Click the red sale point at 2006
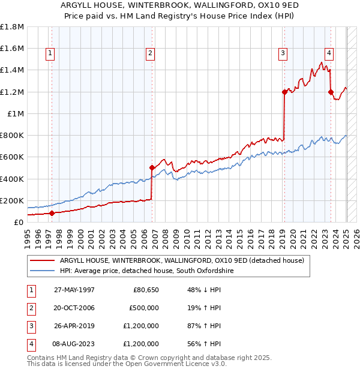152,168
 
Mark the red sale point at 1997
52,213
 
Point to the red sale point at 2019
284,92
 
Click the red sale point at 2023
331,92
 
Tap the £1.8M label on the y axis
12,27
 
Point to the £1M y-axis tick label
15,113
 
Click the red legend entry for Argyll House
182,260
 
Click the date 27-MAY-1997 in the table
74,290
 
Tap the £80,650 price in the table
144,290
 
